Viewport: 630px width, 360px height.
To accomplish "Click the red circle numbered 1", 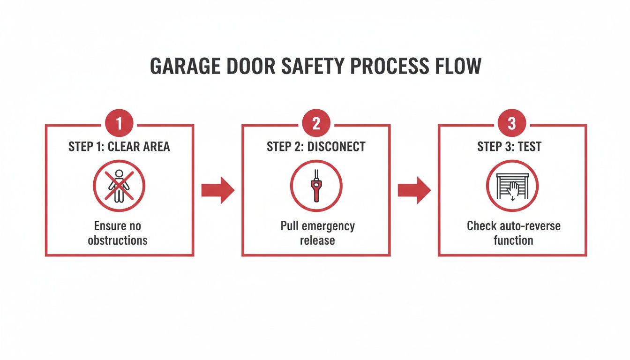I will (x=119, y=124).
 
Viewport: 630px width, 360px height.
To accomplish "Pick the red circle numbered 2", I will (x=316, y=124).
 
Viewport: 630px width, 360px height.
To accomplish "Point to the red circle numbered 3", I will (x=512, y=124).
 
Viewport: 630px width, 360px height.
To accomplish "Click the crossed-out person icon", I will (x=119, y=186).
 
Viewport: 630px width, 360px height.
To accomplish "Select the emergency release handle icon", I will (x=316, y=186).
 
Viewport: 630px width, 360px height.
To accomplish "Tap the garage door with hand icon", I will (x=512, y=186).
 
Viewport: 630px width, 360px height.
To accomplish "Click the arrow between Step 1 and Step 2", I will (x=217, y=190).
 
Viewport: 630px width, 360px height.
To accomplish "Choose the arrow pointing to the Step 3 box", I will (x=414, y=190).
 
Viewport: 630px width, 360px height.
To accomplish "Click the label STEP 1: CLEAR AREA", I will (x=119, y=147).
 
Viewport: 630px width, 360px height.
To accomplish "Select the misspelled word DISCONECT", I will (x=336, y=147).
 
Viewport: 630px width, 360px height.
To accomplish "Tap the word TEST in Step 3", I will (x=530, y=147).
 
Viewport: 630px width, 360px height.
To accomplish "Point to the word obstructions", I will (x=118, y=240).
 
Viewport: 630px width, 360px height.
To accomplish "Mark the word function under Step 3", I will (x=513, y=240).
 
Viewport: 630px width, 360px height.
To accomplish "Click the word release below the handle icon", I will (x=317, y=240).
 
